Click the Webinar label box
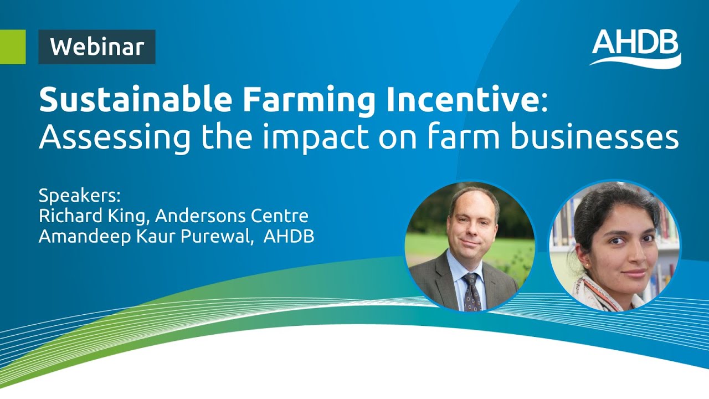[x=97, y=47]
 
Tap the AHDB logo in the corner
[x=636, y=48]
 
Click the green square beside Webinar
[x=13, y=47]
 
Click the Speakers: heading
[x=79, y=196]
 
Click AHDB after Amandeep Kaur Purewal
[x=289, y=236]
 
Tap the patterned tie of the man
[x=472, y=290]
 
